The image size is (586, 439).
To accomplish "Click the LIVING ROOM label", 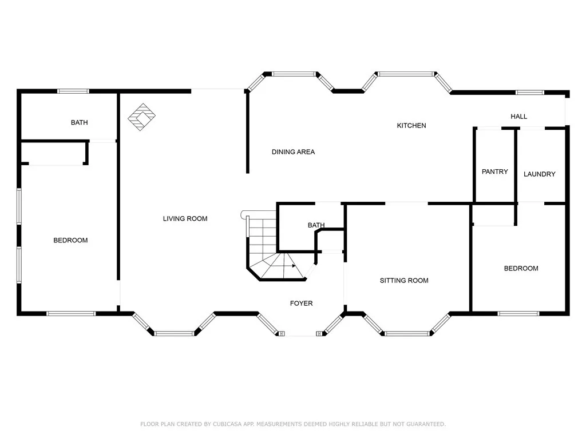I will [185, 218].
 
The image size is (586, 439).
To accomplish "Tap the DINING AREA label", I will [293, 152].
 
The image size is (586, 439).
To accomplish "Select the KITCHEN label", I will [411, 126].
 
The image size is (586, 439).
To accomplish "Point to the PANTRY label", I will [494, 171].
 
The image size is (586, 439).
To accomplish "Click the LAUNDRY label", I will [539, 174].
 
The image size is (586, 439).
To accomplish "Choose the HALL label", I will [518, 117].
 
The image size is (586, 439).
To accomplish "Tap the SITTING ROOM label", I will [404, 280].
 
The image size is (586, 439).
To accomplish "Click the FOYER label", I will [301, 303].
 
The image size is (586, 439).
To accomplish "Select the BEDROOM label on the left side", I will [70, 240].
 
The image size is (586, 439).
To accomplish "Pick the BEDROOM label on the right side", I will [521, 269].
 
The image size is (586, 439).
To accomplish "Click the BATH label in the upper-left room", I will [79, 122].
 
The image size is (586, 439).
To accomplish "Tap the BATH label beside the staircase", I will [316, 225].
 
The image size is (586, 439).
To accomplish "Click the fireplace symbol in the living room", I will [141, 116].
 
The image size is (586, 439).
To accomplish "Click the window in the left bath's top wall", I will [73, 91].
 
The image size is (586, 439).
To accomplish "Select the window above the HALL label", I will [529, 93].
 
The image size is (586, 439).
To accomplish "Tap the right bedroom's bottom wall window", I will [518, 313].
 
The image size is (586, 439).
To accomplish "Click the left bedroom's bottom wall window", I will [71, 313].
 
